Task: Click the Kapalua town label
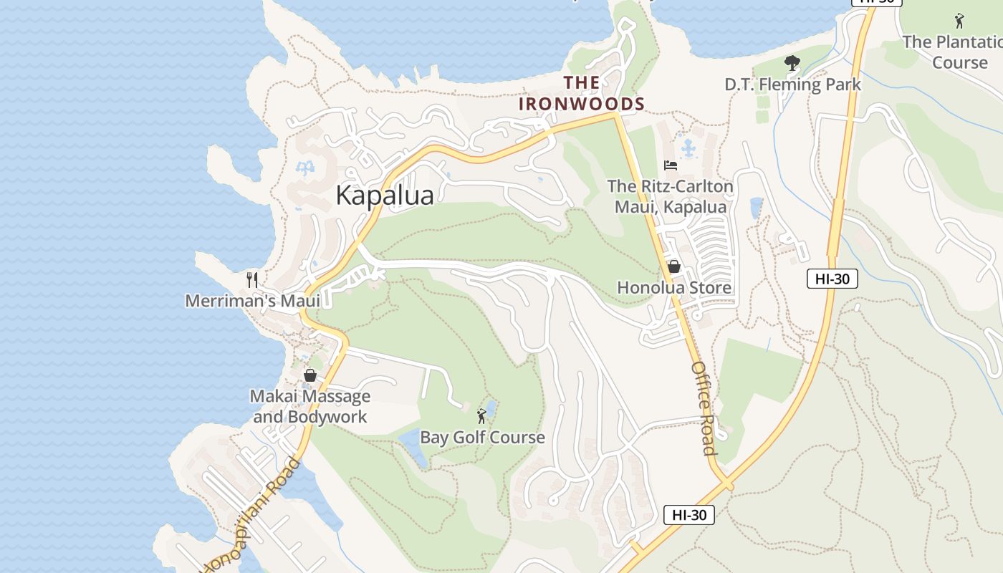pyautogui.click(x=385, y=196)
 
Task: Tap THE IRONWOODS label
pyautogui.click(x=582, y=93)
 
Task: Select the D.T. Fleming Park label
pyautogui.click(x=792, y=85)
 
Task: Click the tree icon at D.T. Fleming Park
pyautogui.click(x=792, y=64)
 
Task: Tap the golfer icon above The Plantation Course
pyautogui.click(x=959, y=21)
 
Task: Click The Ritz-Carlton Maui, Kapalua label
pyautogui.click(x=670, y=197)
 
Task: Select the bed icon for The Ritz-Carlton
pyautogui.click(x=671, y=165)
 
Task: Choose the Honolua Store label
pyautogui.click(x=674, y=288)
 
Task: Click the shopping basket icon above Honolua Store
pyautogui.click(x=674, y=267)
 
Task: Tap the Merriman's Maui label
pyautogui.click(x=252, y=301)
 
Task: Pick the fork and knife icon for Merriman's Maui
pyautogui.click(x=251, y=279)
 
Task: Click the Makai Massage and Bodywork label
pyautogui.click(x=310, y=406)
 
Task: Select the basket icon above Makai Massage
pyautogui.click(x=310, y=375)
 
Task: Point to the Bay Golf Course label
pyautogui.click(x=482, y=438)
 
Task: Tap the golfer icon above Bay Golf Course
pyautogui.click(x=482, y=415)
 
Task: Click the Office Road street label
pyautogui.click(x=704, y=408)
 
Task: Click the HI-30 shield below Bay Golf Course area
pyautogui.click(x=688, y=514)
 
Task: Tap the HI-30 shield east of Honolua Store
pyautogui.click(x=832, y=279)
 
